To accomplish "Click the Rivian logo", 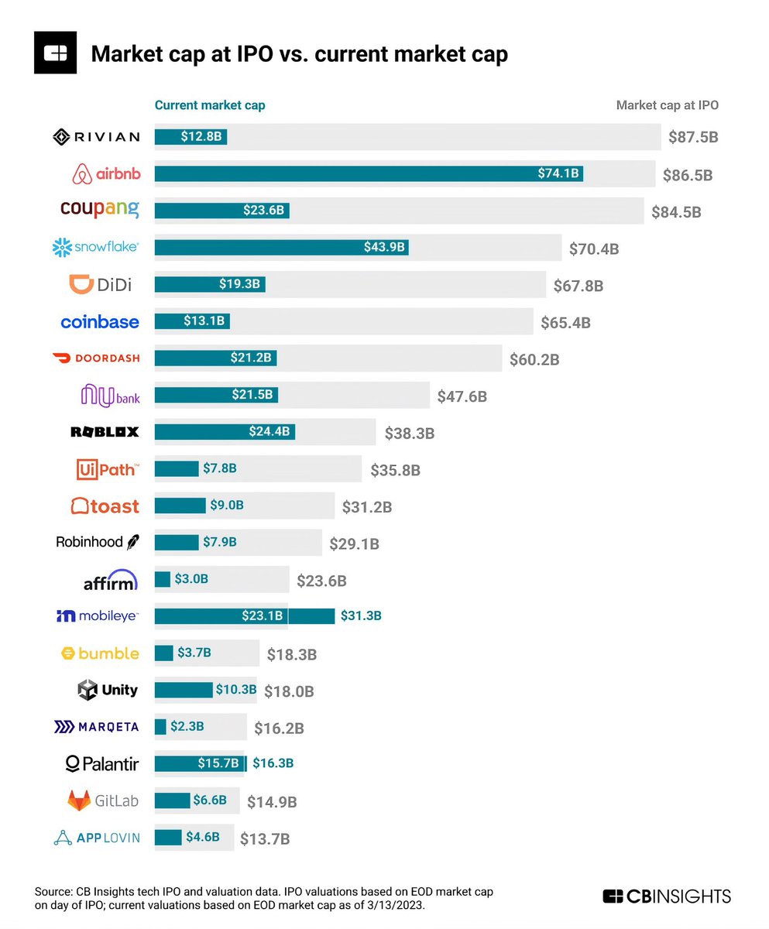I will click(96, 137).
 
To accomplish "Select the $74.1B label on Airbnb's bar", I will click(558, 174).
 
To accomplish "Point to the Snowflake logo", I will click(96, 248).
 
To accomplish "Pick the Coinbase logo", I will click(100, 322).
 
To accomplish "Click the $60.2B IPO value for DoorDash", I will click(534, 359).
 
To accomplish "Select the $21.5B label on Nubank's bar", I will click(252, 395).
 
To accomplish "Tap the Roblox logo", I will click(105, 432).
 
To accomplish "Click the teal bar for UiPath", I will click(177, 468).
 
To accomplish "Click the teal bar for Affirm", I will click(163, 579).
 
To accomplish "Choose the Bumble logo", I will click(100, 653).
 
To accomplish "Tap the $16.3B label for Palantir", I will click(273, 764).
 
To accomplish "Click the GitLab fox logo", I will click(79, 801).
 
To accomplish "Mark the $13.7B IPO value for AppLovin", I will click(264, 838).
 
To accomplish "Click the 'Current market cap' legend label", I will click(210, 105).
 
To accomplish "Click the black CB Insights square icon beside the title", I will click(56, 53).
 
